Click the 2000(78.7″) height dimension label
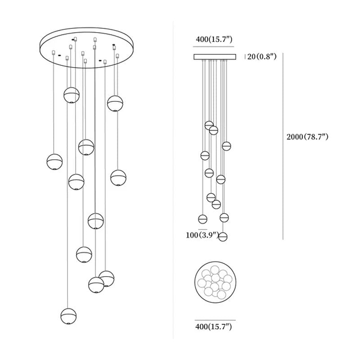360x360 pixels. click(307, 137)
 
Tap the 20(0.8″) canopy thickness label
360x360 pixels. click(262, 57)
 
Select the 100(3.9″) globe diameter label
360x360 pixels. click(202, 235)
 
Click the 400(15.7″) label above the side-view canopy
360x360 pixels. click(214, 39)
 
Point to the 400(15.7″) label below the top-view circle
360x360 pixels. click(213, 327)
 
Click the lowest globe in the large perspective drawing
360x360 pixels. click(68, 316)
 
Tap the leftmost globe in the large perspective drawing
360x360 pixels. click(54, 162)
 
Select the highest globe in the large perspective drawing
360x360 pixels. click(72, 95)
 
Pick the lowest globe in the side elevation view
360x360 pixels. click(223, 237)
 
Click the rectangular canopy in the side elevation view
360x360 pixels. click(215, 57)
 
